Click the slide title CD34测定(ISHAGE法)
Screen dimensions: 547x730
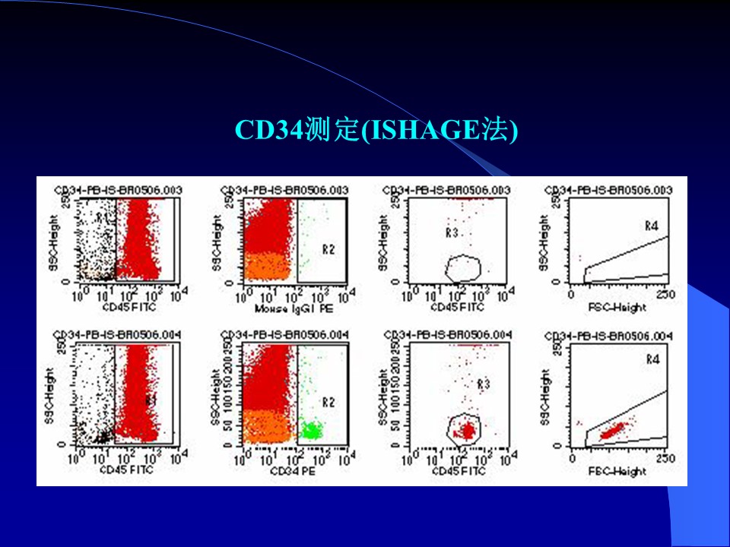pyautogui.click(x=376, y=130)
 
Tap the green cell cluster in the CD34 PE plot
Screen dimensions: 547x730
pyautogui.click(x=311, y=431)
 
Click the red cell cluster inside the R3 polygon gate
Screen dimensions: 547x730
pyautogui.click(x=465, y=431)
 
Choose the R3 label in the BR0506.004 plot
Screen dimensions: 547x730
pyautogui.click(x=483, y=385)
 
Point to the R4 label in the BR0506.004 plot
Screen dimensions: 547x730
pyautogui.click(x=652, y=359)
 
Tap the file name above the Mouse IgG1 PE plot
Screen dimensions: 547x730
pyautogui.click(x=284, y=189)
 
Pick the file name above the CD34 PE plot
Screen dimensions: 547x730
pyautogui.click(x=284, y=335)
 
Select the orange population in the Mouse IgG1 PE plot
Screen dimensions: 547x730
pyautogui.click(x=266, y=266)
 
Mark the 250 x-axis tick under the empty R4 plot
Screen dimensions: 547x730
pyautogui.click(x=665, y=294)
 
